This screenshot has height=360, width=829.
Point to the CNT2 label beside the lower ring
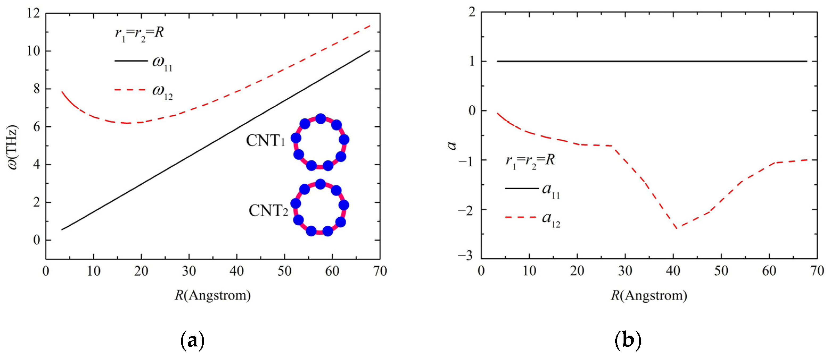pos(268,211)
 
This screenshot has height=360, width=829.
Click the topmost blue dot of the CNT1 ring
pos(320,119)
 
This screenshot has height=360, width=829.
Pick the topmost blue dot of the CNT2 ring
pos(320,184)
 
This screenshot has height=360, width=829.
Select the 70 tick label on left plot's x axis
pos(380,271)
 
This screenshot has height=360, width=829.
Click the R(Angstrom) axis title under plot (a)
pos(213,295)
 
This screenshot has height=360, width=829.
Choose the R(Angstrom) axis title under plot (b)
pos(649,295)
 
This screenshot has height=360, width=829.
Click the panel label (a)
pos(192,340)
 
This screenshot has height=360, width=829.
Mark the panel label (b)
pos(628,340)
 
